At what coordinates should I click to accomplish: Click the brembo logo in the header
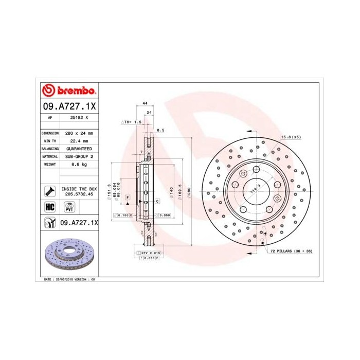click(69, 91)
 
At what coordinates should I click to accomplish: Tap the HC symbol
click(50, 207)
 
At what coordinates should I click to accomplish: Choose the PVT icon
click(68, 207)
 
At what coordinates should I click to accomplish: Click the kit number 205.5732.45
click(79, 195)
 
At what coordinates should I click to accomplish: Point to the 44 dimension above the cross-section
click(138, 103)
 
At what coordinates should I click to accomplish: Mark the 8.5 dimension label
click(160, 130)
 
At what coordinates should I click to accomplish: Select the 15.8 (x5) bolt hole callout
click(290, 137)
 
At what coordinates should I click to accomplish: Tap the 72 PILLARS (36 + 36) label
click(291, 250)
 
